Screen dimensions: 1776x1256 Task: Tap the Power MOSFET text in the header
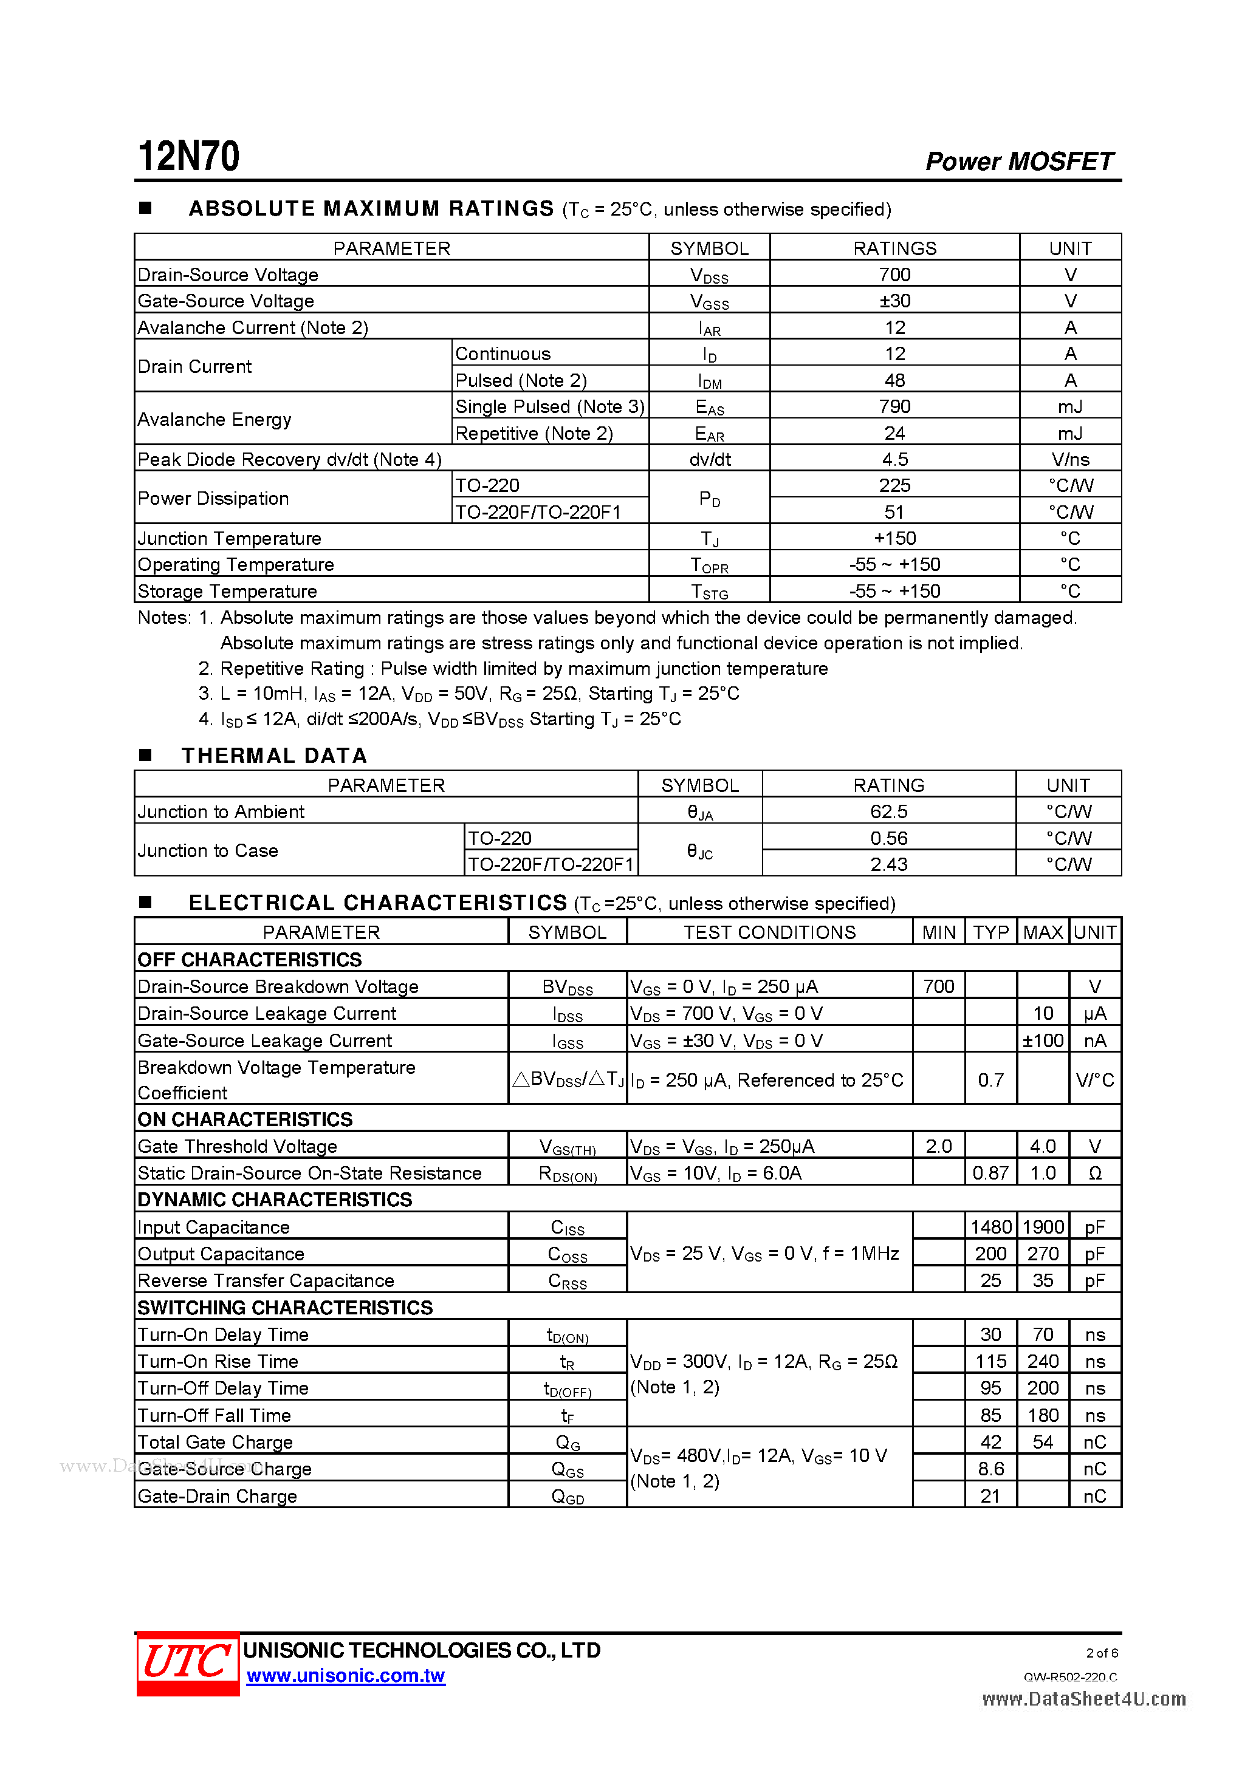(1018, 161)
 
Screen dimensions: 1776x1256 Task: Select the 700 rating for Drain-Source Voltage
(894, 275)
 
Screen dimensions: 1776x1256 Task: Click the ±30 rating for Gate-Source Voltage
(894, 301)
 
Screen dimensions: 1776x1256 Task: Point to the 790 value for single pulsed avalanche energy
(894, 406)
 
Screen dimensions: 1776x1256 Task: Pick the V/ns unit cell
(1069, 459)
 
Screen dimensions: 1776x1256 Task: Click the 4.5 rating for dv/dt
(894, 459)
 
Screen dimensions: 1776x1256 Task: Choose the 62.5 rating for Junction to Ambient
(888, 811)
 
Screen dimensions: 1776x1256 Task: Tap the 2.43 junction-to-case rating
(888, 864)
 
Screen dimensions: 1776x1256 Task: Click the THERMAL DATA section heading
(274, 756)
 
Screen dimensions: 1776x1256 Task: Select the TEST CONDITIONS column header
(769, 932)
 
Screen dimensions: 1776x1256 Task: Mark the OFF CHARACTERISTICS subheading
(249, 959)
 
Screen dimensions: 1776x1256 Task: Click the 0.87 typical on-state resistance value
(990, 1173)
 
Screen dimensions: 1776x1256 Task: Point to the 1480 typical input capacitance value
(990, 1227)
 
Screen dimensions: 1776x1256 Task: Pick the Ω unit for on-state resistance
(1094, 1173)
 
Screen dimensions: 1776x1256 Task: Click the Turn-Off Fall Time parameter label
(214, 1415)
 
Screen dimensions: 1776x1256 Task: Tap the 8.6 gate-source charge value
(990, 1468)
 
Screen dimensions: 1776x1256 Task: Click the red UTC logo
(188, 1662)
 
